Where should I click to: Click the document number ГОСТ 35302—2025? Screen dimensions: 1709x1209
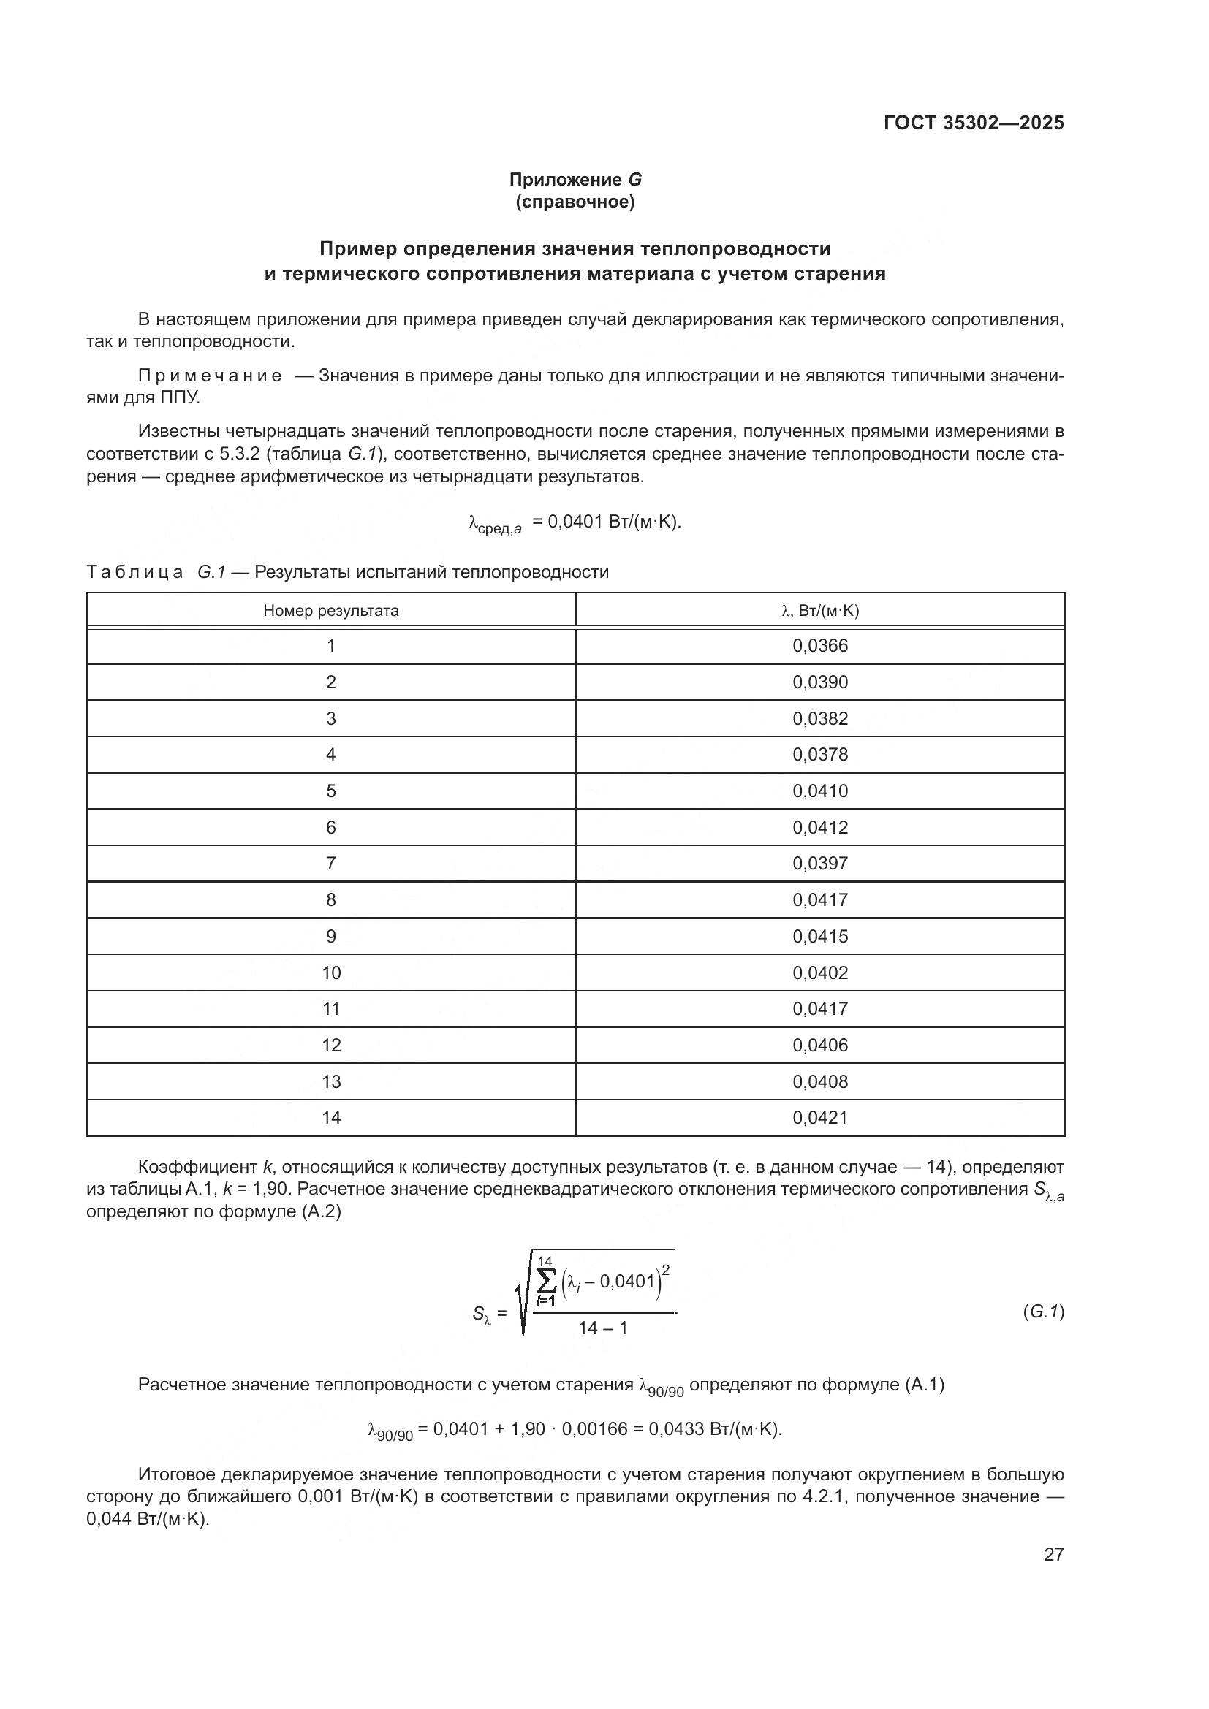973,123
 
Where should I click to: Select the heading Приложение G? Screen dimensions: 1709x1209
575,180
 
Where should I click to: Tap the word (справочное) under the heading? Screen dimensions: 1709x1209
575,202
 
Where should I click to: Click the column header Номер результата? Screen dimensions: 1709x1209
330,611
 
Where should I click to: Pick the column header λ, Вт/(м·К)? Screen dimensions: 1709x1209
819,611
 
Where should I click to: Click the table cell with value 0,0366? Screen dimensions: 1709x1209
819,646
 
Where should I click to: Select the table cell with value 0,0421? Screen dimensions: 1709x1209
819,1117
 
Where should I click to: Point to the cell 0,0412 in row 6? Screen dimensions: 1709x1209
819,828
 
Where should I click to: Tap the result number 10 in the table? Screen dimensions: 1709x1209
330,973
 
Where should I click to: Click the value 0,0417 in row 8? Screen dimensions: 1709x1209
819,900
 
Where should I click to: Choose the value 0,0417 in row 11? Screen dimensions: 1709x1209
819,1008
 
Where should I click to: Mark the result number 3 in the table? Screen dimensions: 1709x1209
330,718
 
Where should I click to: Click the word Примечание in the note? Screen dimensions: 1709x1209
210,376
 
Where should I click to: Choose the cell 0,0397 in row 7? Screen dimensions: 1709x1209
819,864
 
